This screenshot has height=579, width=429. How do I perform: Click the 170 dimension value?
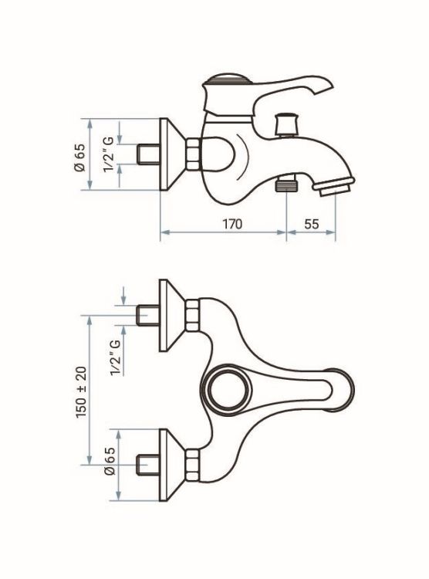click(x=231, y=224)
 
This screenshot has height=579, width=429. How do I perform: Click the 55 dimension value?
click(x=312, y=224)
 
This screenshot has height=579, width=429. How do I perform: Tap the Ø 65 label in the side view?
click(x=79, y=157)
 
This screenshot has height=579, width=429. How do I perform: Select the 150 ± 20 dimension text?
click(x=81, y=392)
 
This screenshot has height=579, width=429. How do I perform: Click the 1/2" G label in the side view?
click(x=109, y=154)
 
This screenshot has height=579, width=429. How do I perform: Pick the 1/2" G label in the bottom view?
click(x=116, y=357)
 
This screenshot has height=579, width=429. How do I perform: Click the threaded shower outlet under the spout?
click(x=287, y=184)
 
